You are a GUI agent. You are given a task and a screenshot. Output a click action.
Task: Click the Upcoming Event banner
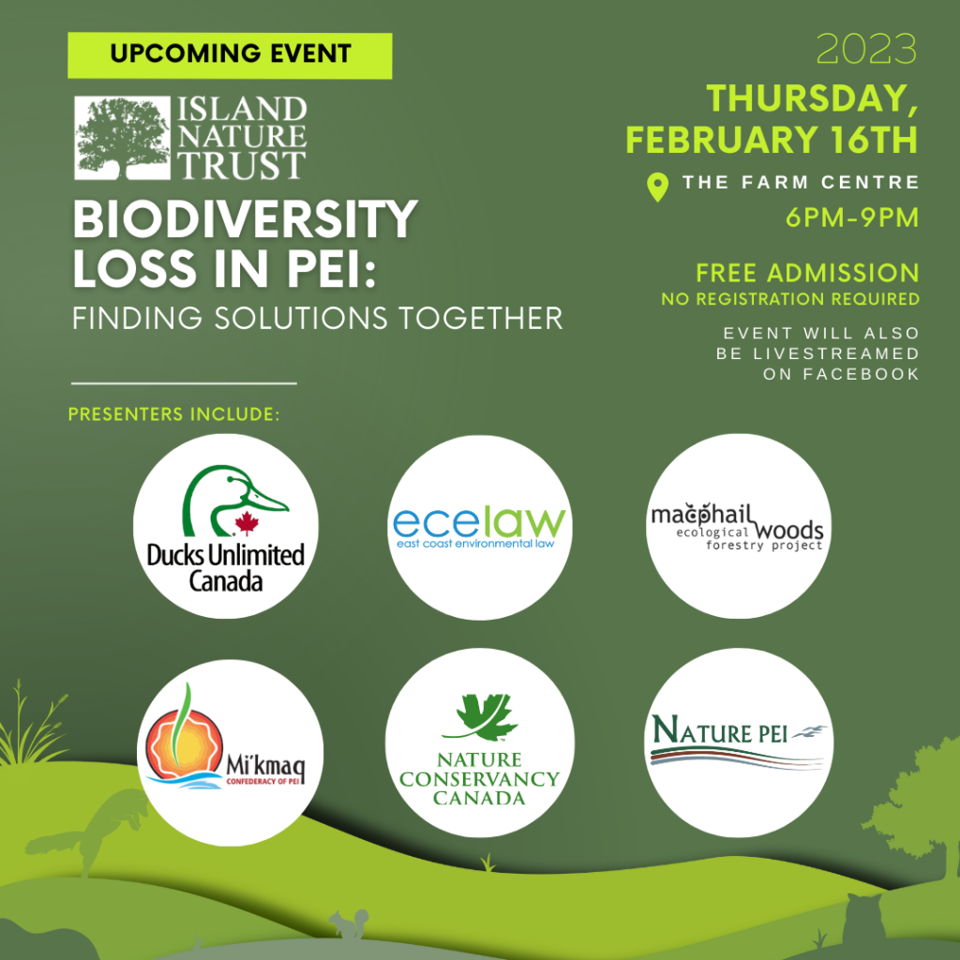[x=230, y=55]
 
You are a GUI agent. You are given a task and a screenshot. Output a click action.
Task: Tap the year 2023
[x=866, y=49]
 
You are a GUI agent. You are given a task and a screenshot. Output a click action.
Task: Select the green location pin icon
[x=657, y=187]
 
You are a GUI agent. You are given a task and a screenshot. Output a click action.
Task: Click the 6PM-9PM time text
[x=852, y=217]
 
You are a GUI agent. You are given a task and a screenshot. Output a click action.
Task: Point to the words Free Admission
[x=807, y=273]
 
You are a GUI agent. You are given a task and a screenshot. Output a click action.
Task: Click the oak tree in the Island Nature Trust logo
[x=123, y=138]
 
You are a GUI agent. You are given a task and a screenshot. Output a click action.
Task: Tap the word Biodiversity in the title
[x=245, y=219]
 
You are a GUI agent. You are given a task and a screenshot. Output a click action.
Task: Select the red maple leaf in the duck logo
[x=247, y=523]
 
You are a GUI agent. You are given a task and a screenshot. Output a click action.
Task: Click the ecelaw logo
[x=479, y=527]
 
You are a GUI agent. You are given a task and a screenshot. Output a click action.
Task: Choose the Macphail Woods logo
[x=737, y=527]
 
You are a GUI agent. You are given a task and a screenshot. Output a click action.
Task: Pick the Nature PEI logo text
[x=720, y=729]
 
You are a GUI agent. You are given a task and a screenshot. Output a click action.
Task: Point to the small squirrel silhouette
[x=349, y=923]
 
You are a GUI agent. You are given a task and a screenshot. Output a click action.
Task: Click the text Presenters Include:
[x=173, y=414]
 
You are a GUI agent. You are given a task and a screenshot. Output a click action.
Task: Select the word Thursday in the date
[x=812, y=97]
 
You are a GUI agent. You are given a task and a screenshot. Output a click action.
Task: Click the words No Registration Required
[x=790, y=299]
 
